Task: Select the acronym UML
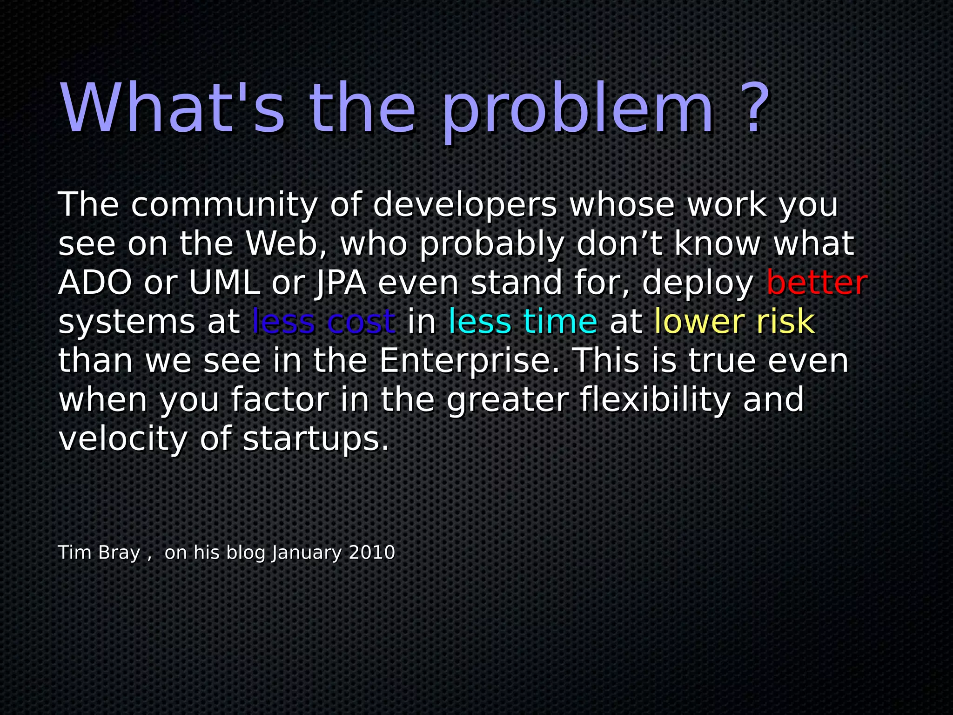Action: click(x=224, y=283)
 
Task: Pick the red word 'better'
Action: click(x=817, y=283)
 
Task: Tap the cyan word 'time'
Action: click(x=560, y=322)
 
